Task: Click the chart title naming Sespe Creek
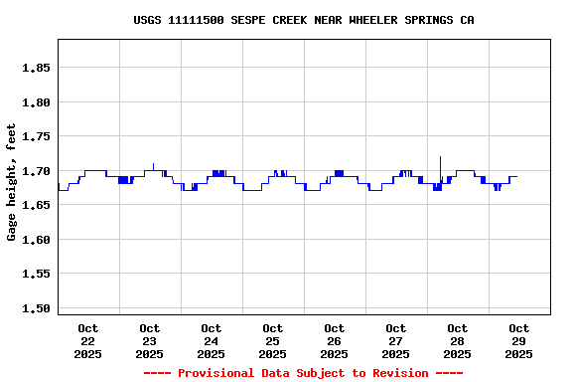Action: [x=303, y=20]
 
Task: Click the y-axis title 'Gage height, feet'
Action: [x=12, y=182]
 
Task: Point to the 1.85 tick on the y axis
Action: [x=36, y=68]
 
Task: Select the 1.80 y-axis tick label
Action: [x=36, y=102]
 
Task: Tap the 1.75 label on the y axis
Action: [x=36, y=136]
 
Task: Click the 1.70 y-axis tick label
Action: [x=36, y=171]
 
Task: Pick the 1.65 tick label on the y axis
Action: [x=36, y=205]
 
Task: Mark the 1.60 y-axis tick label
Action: [x=36, y=240]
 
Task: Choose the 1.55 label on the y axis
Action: [x=36, y=274]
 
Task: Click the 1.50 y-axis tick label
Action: [x=36, y=308]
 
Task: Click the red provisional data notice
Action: [x=303, y=373]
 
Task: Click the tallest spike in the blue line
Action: [x=440, y=158]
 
